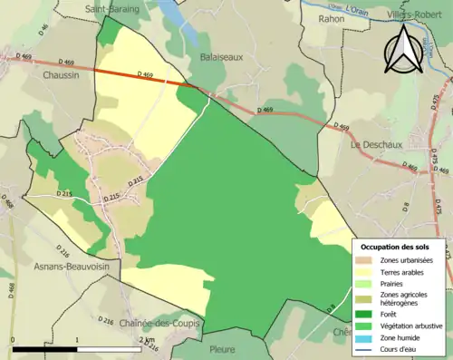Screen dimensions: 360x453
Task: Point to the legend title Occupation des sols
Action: [x=401, y=247]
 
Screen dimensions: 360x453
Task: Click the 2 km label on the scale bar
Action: [x=146, y=339]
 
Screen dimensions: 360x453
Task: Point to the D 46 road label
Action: [x=43, y=30]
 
